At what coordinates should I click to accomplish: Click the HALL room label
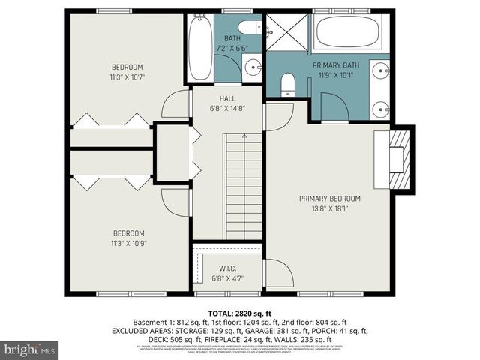click(228, 98)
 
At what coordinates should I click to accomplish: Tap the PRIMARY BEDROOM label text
click(329, 199)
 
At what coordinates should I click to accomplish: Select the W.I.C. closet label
click(228, 268)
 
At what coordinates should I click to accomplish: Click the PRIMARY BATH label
click(336, 65)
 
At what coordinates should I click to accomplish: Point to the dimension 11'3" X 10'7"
click(127, 76)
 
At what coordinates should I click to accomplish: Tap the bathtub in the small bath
click(199, 49)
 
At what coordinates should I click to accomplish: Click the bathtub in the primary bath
click(348, 34)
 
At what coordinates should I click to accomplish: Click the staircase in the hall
click(244, 184)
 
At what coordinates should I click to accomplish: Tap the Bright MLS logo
click(30, 349)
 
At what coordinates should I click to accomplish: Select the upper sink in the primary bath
click(379, 71)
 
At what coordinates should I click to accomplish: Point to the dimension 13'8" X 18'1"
click(330, 208)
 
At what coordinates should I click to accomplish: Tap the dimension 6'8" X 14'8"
click(228, 108)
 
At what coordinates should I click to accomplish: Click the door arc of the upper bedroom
click(175, 105)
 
